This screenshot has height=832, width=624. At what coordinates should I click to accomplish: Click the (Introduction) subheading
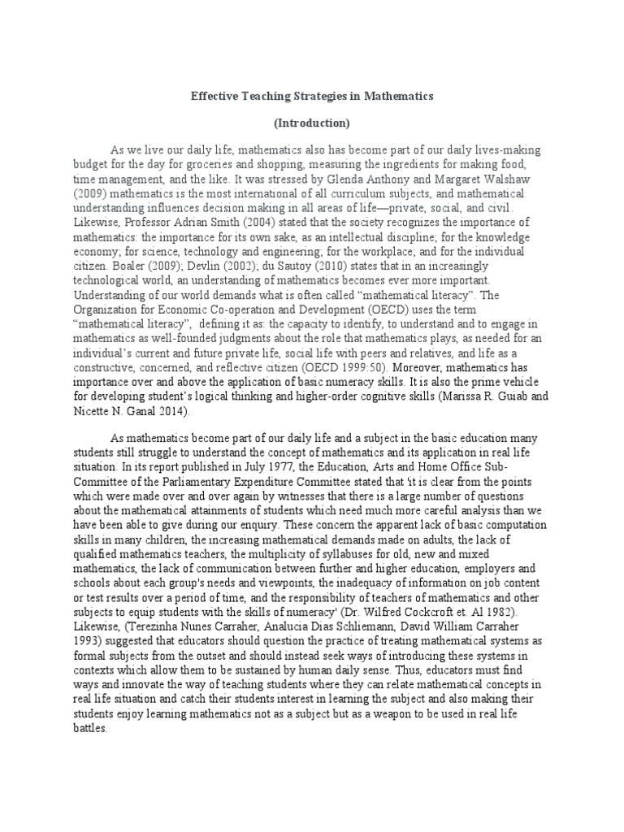312,123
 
